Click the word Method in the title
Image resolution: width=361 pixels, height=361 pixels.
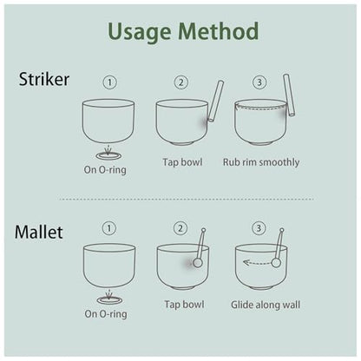coord(219,30)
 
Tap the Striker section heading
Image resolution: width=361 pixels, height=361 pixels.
coord(44,79)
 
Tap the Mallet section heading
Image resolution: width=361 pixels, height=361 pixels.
coord(39,233)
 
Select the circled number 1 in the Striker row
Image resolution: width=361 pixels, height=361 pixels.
coord(110,82)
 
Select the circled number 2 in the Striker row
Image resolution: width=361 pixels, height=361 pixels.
coord(181,82)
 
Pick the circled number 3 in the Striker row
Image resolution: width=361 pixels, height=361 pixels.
coord(259,82)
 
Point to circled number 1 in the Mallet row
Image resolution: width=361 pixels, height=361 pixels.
coord(109,228)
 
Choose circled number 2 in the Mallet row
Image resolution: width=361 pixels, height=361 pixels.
coord(180,228)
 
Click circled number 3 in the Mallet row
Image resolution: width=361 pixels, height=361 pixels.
coord(259,228)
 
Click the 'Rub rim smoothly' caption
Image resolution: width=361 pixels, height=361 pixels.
coord(261,162)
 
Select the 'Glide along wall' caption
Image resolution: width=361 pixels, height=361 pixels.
coord(266,305)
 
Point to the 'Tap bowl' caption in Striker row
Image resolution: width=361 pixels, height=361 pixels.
coord(182,162)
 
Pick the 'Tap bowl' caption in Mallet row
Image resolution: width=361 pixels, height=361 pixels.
coord(184,305)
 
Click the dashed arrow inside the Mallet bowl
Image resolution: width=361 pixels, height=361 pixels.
coord(258,263)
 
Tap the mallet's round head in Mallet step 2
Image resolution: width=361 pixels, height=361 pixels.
coord(198,263)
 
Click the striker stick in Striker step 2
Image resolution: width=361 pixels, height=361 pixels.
coord(216,101)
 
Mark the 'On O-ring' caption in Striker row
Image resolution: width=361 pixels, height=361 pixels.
coord(105,169)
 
